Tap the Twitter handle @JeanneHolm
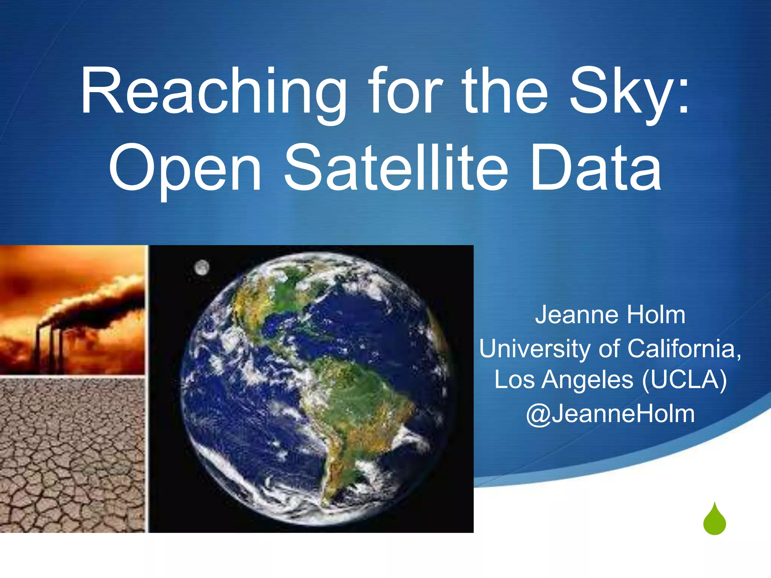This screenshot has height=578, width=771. pyautogui.click(x=610, y=414)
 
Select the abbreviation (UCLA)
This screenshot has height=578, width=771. pyautogui.click(x=684, y=380)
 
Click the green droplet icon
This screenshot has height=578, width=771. pyautogui.click(x=714, y=520)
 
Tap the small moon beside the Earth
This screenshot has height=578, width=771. pyautogui.click(x=202, y=268)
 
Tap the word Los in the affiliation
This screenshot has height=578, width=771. pyautogui.click(x=514, y=380)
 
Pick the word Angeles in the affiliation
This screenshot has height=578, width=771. pyautogui.click(x=587, y=380)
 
